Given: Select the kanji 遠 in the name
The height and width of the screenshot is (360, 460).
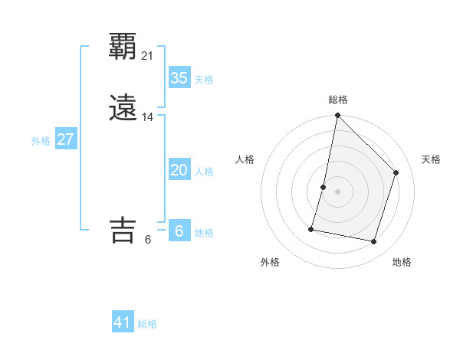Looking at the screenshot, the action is point(123,108).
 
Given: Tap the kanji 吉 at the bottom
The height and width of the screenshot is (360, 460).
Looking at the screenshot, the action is point(123,231).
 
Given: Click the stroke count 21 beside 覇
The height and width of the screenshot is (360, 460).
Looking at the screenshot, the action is point(148,55).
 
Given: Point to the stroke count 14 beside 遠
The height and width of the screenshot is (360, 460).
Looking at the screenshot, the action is point(148,117).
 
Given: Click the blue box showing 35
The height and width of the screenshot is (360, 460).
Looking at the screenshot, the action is point(179,78).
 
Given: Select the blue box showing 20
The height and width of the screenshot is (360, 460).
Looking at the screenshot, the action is point(179,170).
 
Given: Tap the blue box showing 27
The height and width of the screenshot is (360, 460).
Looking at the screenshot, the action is point(66,140).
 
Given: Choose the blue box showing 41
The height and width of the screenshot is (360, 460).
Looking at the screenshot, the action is point(123,322).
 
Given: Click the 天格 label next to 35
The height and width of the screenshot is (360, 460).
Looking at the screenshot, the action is point(204,80).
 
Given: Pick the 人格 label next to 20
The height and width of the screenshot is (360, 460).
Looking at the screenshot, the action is point(204,172).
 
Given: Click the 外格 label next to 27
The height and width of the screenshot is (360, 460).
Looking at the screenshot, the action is point(41,141).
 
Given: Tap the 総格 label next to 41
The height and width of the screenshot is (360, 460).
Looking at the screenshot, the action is point(147,324).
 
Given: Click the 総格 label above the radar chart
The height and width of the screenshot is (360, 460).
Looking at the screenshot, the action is point(338,100).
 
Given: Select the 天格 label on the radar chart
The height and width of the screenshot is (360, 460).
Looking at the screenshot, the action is point(431,159).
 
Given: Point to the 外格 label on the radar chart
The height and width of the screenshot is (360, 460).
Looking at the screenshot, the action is point(270,262).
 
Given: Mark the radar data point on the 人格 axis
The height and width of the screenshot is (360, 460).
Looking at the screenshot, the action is point(324,187).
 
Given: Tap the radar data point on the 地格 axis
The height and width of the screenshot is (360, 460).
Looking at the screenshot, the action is point(374,241).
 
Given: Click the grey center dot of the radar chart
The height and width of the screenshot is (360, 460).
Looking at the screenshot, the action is point(338,191).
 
